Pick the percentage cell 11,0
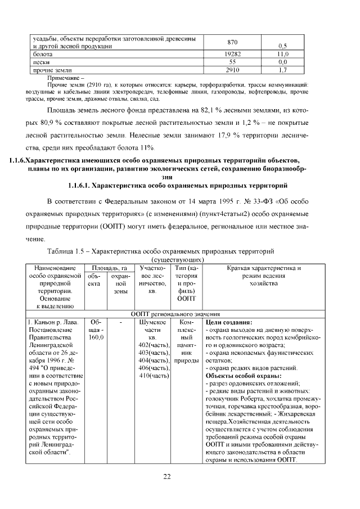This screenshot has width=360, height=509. pyautogui.click(x=283, y=53)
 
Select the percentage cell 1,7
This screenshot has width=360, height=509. pyautogui.click(x=283, y=70)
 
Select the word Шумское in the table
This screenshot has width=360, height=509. pyautogui.click(x=151, y=322)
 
